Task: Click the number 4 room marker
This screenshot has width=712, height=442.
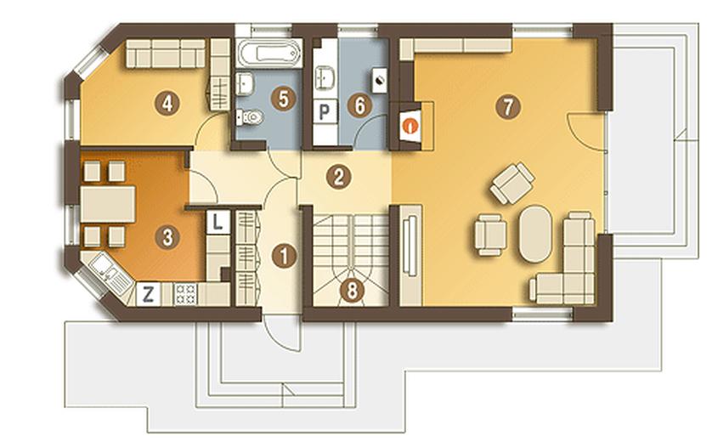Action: (167, 104)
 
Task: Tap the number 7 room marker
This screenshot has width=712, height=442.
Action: (508, 108)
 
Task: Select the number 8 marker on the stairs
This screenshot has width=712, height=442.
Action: (352, 291)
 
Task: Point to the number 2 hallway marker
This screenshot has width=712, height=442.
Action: (339, 178)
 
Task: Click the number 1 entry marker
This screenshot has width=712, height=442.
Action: (285, 256)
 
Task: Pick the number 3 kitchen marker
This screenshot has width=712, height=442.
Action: (167, 236)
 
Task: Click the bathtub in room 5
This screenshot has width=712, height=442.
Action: (269, 54)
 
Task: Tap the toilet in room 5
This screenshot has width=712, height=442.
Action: (250, 117)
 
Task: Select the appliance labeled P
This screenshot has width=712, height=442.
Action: (325, 111)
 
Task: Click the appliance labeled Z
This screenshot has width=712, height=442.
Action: (148, 294)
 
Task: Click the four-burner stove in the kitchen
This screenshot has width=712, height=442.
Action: (185, 294)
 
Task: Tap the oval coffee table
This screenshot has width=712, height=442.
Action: (536, 234)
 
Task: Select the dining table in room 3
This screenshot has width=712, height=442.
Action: (108, 204)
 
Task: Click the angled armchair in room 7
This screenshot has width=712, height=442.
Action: (512, 183)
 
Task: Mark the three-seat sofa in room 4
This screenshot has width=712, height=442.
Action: (166, 54)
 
